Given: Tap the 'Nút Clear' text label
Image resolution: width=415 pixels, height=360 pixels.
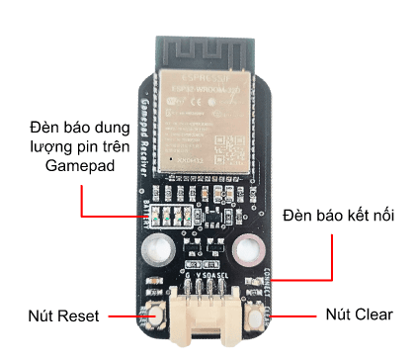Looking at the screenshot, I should [x=360, y=315].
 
